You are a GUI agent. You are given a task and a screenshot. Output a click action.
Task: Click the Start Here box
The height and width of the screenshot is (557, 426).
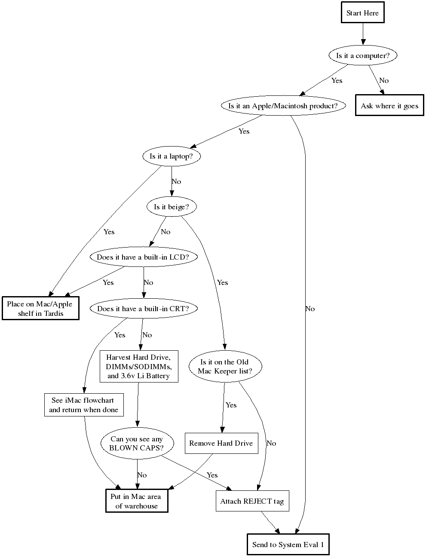[362, 13]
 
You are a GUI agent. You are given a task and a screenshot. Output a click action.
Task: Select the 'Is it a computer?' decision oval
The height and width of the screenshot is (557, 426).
[362, 55]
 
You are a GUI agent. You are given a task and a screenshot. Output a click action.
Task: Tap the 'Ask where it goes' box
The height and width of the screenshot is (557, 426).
[389, 106]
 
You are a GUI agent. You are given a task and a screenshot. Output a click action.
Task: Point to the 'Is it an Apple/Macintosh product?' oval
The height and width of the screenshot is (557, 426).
[283, 106]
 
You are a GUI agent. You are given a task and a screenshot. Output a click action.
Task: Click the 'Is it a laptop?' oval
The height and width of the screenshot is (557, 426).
[172, 156]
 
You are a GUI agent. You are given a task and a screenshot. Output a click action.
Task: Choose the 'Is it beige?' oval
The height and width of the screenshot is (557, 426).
[172, 207]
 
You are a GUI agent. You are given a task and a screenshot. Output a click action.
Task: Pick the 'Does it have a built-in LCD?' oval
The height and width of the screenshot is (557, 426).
[143, 257]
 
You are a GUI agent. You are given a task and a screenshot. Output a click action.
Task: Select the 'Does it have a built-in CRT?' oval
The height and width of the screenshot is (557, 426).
[143, 309]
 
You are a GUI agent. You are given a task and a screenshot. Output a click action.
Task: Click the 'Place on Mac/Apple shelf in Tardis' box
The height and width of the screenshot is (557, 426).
[40, 309]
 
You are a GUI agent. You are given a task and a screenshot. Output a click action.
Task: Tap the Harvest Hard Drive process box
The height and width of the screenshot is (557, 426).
[138, 367]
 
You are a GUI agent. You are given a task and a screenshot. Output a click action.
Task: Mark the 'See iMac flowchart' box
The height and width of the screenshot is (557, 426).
[83, 405]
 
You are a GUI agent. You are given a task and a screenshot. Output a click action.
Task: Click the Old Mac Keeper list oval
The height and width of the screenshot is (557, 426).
[224, 367]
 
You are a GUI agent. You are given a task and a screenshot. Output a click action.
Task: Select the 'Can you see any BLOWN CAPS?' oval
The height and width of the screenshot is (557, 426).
[137, 443]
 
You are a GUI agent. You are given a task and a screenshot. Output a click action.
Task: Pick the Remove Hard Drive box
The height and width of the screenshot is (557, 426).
[221, 443]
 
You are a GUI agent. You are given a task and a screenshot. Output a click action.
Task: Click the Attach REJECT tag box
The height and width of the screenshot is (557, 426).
[252, 501]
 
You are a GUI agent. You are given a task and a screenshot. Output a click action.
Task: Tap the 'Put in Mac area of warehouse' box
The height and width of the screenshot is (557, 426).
[137, 501]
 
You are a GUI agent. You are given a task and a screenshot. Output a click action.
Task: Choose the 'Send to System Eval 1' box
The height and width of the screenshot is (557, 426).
[288, 545]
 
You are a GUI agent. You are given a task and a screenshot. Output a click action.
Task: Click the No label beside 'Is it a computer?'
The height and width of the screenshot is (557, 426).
[384, 80]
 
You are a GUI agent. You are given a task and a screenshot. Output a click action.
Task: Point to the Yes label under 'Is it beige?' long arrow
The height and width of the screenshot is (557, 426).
[222, 282]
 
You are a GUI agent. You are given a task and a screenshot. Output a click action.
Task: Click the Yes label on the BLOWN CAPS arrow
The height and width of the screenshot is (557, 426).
[212, 475]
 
